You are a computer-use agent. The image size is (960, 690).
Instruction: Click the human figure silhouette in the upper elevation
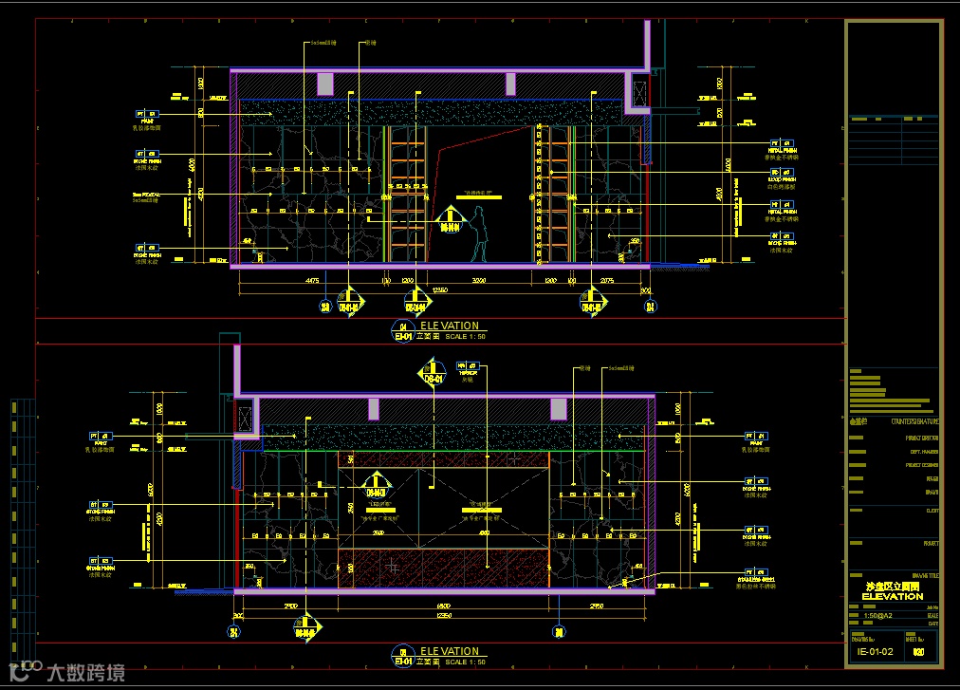tap(480, 236)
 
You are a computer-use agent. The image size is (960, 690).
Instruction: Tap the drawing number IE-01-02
tap(875, 652)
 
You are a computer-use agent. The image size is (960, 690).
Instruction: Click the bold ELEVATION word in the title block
tap(893, 596)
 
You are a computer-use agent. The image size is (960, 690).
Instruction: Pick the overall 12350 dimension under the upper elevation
tap(439, 289)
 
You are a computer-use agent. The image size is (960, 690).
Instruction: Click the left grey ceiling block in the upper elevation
tap(325, 84)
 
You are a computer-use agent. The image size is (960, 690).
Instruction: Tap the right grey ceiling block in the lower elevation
tap(559, 409)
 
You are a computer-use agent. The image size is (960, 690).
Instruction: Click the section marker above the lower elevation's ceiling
tap(434, 372)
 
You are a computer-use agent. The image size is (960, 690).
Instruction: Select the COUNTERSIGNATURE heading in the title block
tap(914, 420)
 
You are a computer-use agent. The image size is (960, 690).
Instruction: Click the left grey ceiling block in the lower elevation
tap(373, 409)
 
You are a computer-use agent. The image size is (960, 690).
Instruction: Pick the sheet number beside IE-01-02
tap(917, 652)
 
